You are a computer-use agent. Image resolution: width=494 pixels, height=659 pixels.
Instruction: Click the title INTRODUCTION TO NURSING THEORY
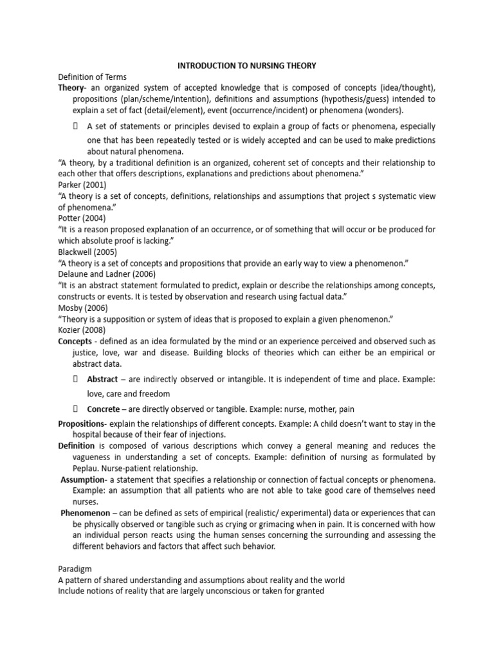(x=247, y=66)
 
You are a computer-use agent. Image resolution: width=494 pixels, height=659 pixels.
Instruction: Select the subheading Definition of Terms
(x=93, y=77)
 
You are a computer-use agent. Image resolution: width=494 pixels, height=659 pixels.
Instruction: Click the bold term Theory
(x=71, y=88)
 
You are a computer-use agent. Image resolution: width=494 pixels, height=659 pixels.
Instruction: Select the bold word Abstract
(x=103, y=380)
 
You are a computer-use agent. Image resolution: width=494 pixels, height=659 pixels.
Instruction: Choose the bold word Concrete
(x=104, y=409)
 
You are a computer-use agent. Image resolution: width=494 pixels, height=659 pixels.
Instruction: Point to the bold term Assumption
(x=82, y=479)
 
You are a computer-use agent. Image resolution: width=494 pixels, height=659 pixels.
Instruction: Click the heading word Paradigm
(x=75, y=568)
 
